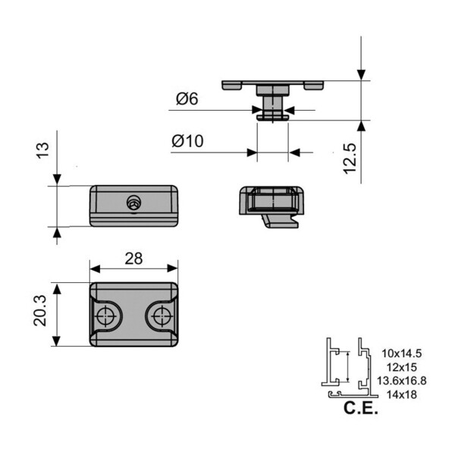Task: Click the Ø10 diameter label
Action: [x=189, y=142]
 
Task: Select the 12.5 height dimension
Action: [x=350, y=155]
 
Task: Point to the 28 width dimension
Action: [x=133, y=258]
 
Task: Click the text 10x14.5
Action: [x=402, y=353]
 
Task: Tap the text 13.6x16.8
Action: [x=403, y=380]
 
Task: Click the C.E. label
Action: [x=360, y=410]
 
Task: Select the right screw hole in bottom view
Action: [x=160, y=316]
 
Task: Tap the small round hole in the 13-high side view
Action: [x=134, y=202]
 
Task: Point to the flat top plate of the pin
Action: [x=272, y=84]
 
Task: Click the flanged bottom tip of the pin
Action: [x=272, y=117]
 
